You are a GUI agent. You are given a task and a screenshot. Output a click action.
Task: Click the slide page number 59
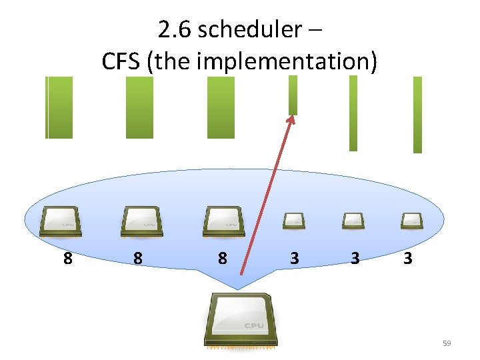(447, 343)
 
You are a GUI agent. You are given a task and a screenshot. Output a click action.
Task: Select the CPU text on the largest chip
(253, 326)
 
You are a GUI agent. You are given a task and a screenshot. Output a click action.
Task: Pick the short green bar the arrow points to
(293, 95)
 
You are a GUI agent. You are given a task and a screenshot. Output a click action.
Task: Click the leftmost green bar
(59, 107)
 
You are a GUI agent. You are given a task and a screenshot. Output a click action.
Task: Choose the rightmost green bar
(417, 115)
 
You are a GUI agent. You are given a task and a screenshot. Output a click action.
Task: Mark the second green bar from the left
(139, 107)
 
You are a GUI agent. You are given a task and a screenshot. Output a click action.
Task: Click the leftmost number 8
(67, 257)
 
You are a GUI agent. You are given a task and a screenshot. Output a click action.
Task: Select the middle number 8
(137, 257)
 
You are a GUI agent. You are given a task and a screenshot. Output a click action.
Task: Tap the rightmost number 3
(407, 257)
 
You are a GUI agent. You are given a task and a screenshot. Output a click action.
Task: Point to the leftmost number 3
(295, 257)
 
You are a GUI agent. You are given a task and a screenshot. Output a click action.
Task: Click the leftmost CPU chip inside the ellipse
(61, 221)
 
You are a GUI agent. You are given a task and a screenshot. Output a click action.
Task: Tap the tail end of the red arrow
(242, 273)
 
